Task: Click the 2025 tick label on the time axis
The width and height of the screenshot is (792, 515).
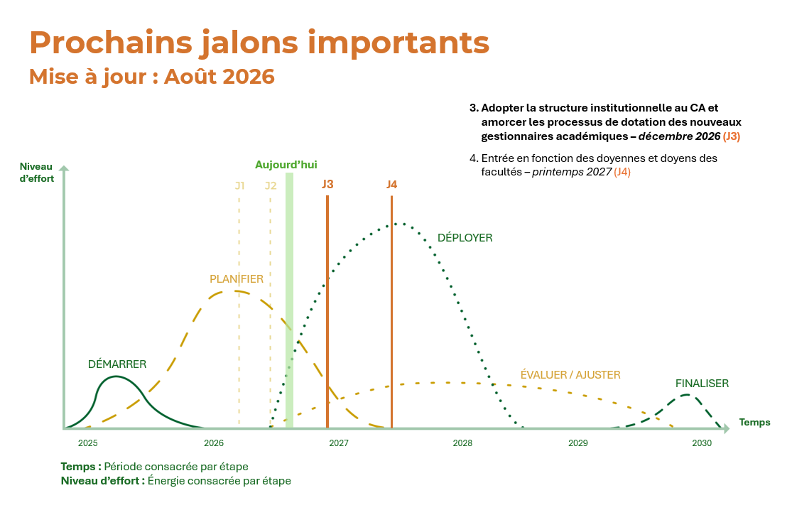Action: coord(88,443)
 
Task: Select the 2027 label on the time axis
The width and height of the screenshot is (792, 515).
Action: coord(338,443)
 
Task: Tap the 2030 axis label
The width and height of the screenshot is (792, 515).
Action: coord(702,443)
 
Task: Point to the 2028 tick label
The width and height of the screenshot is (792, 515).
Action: coord(462,443)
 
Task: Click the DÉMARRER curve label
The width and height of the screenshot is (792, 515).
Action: coord(117,364)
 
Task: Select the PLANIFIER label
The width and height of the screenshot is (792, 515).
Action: coord(237,278)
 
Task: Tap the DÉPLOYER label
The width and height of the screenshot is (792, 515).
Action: coord(465,238)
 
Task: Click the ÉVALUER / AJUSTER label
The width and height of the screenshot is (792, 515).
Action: coord(570,374)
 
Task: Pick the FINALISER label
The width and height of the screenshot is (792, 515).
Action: coord(702,383)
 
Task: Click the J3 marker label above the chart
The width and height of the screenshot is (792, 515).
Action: coord(327,184)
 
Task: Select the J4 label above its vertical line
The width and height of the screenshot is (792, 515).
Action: coord(391,184)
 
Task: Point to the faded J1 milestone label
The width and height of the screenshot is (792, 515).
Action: coord(239,186)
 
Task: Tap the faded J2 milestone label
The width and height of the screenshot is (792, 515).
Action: coord(271,186)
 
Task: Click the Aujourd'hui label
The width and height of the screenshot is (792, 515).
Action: coord(286,165)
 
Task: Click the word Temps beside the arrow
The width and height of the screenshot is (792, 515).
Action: coord(754,422)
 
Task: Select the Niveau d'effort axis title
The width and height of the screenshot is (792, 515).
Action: coord(36,172)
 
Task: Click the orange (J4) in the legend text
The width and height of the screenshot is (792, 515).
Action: coord(622,172)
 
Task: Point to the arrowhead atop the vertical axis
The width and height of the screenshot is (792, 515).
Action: coord(64,168)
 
